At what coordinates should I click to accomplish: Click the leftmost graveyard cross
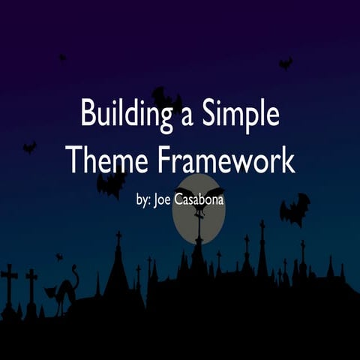click(9, 282)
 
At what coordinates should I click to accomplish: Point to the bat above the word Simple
click(285, 64)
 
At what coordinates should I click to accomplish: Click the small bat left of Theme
click(29, 147)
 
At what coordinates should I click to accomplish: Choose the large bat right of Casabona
click(294, 208)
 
